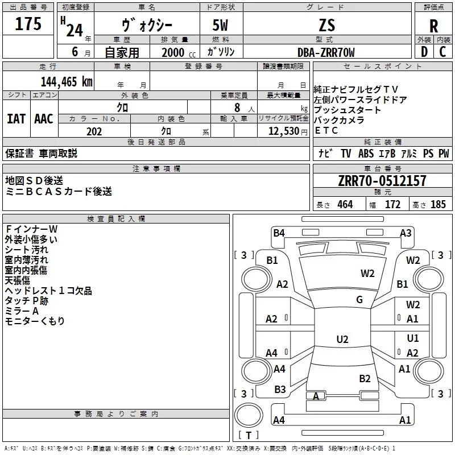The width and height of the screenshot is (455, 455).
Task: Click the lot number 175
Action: [28, 24]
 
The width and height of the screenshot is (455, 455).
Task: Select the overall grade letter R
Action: [434, 26]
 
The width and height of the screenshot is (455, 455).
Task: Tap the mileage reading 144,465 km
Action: [67, 81]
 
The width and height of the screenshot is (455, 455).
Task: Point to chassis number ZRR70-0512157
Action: [382, 181]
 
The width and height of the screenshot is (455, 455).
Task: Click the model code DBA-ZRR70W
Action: [326, 52]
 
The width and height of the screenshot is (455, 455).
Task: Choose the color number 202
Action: [94, 131]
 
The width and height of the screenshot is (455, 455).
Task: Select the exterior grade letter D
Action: [424, 52]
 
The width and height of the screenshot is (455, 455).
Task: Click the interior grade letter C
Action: [442, 52]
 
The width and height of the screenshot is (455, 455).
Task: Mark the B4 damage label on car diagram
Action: [279, 233]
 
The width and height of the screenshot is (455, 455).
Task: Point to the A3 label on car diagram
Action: [406, 233]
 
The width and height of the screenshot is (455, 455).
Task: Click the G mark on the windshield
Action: [359, 300]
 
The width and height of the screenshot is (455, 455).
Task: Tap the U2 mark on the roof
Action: [342, 340]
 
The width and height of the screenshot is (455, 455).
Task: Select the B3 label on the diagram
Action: [280, 390]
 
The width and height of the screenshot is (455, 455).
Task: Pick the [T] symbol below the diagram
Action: [248, 436]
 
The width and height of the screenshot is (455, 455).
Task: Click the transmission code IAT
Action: [16, 119]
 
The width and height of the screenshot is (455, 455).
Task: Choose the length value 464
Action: [344, 205]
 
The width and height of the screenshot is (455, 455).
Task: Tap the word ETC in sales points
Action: [326, 130]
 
